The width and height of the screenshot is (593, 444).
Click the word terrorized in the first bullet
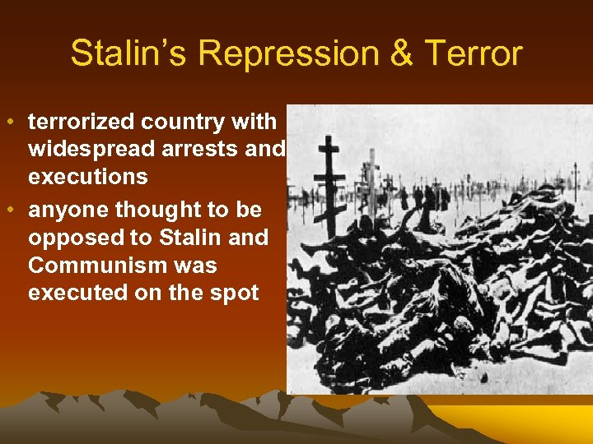tap(81, 122)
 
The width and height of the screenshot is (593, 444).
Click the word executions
tap(88, 177)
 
